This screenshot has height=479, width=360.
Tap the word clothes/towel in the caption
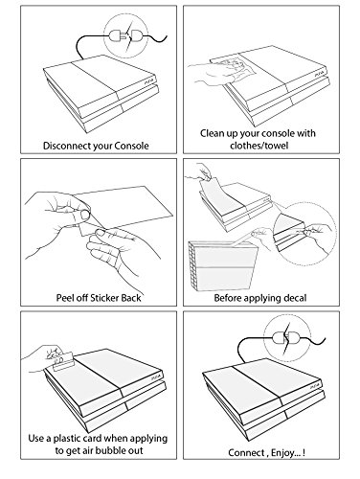259,146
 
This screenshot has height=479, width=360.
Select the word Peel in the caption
64,298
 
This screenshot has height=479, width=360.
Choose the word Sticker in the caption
104,298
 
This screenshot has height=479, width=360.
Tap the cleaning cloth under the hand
237,65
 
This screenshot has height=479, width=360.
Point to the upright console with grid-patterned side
223,266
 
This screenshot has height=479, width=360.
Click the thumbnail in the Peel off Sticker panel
85,215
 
